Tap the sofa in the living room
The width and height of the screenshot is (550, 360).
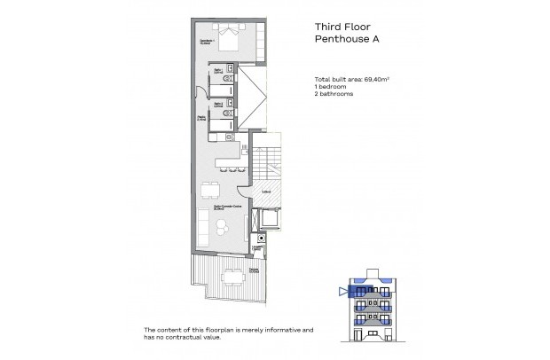201,228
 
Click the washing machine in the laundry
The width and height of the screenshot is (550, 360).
261,239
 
